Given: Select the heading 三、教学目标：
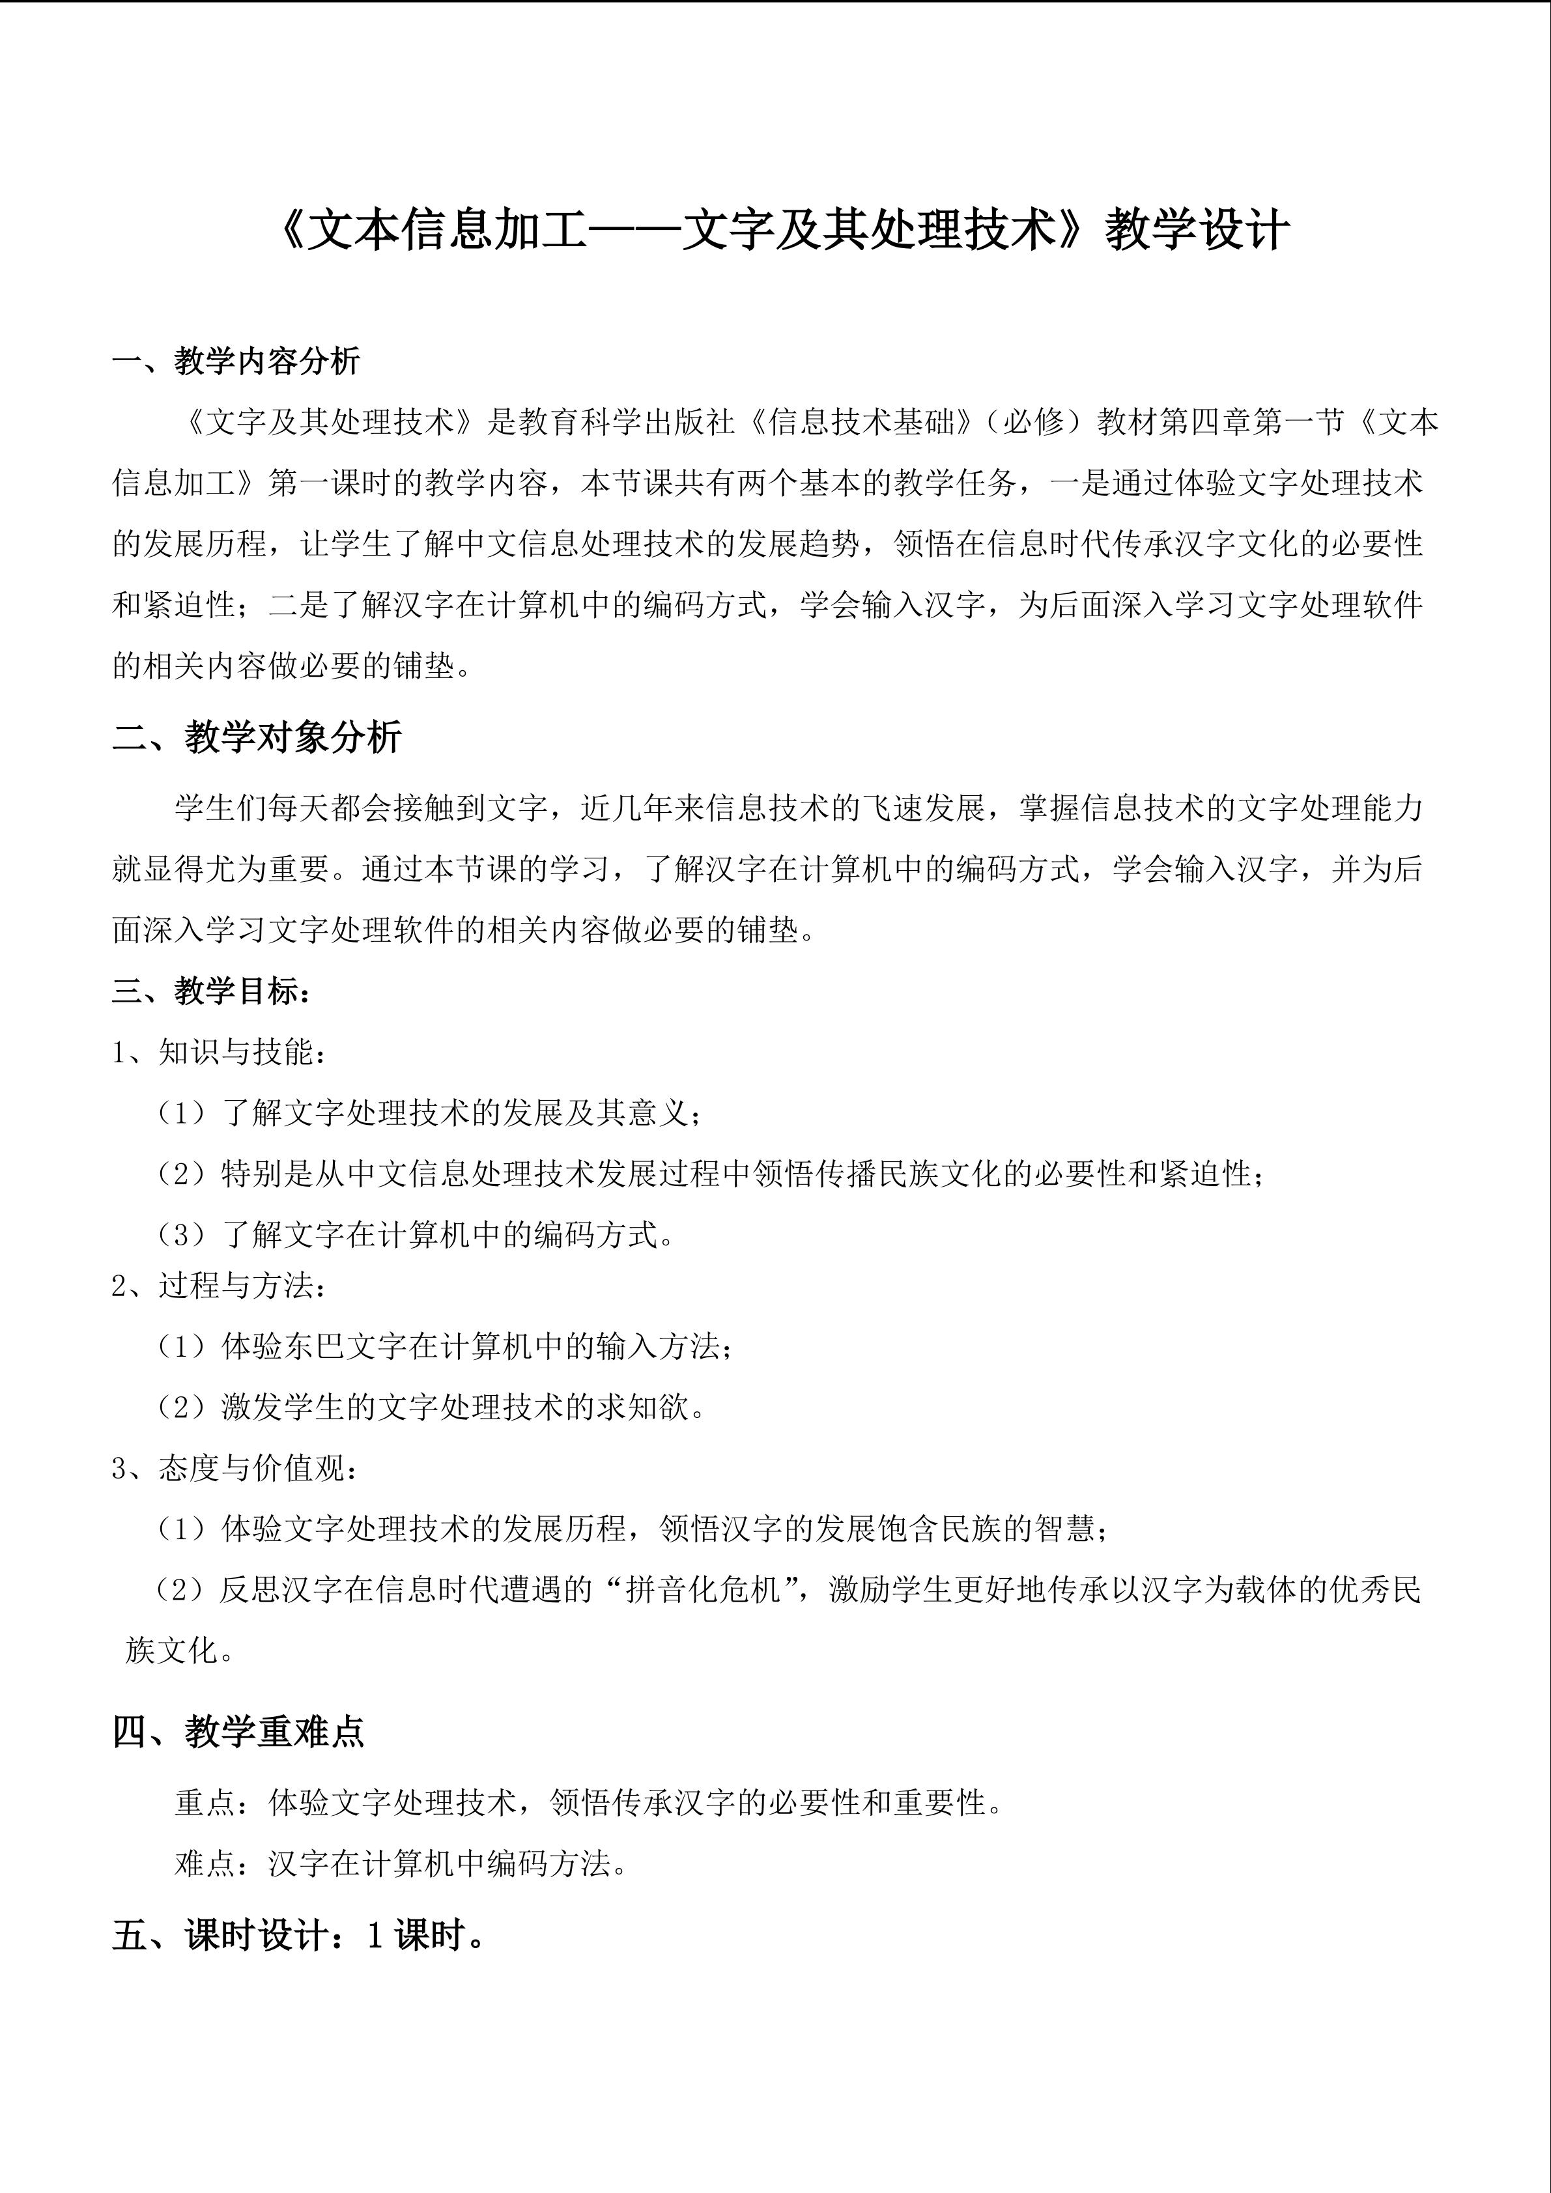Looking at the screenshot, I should point(211,991).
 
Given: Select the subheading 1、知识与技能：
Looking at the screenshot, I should point(220,1052).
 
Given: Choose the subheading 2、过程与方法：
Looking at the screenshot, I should point(220,1284).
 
